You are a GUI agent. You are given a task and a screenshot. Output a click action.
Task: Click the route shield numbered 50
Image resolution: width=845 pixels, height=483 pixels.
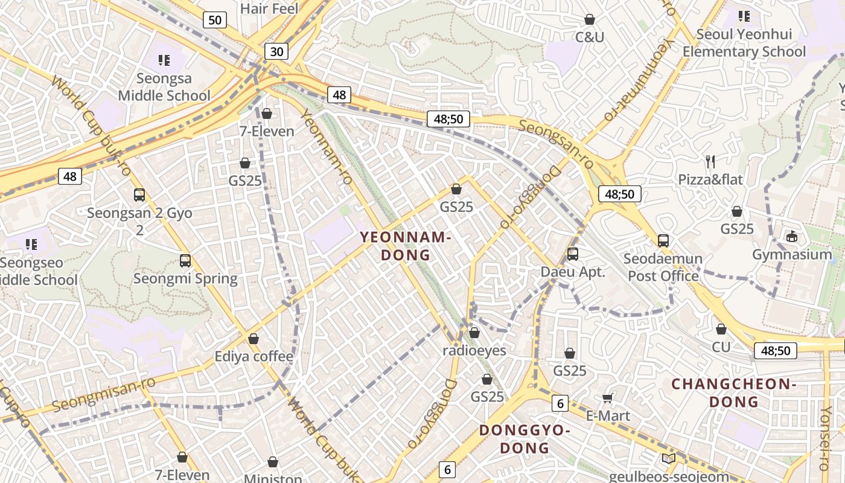coord(214,20)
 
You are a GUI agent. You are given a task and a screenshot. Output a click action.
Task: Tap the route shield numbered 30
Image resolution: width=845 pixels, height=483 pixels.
coord(276,51)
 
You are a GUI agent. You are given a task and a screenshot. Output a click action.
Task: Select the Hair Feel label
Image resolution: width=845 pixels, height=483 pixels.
coord(269,8)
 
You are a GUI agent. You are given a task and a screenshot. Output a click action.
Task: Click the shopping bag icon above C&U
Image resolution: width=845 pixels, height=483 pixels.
coord(590,20)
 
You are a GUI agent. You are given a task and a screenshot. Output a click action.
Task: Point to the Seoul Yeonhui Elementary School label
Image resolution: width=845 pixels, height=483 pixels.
coord(744,43)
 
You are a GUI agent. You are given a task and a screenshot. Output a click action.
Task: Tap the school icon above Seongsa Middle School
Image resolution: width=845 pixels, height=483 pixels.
coord(164,60)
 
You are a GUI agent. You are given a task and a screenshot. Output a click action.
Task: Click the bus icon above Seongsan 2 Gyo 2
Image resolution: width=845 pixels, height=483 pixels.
coord(139,195)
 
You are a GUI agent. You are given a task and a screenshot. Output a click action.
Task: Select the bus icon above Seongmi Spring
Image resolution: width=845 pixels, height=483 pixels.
coord(185,261)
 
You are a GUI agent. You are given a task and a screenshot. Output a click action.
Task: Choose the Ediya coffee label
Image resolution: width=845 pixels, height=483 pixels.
coord(253,356)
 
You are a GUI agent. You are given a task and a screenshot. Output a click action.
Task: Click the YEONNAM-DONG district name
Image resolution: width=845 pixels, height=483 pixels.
coord(406,246)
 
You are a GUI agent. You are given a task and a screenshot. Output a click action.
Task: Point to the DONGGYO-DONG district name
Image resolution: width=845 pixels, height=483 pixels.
coord(525,439)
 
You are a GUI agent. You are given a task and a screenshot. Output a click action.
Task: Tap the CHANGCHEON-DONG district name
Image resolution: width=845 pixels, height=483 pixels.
coord(734,392)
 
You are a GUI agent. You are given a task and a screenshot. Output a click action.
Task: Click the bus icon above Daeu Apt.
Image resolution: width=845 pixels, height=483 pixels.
coord(572,254)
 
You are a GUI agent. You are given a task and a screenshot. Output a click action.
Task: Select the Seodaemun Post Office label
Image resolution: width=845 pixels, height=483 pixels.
coord(663,267)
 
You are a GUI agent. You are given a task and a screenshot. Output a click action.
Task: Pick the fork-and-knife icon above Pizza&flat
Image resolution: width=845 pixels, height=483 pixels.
coord(710,161)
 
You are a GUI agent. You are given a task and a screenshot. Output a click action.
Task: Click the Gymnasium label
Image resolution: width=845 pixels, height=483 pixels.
coord(792,254)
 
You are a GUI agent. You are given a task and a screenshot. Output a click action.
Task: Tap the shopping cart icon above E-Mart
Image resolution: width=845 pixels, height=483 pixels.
coord(608,398)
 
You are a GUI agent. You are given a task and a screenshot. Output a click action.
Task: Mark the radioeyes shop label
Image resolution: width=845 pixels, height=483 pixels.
coord(474,350)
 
